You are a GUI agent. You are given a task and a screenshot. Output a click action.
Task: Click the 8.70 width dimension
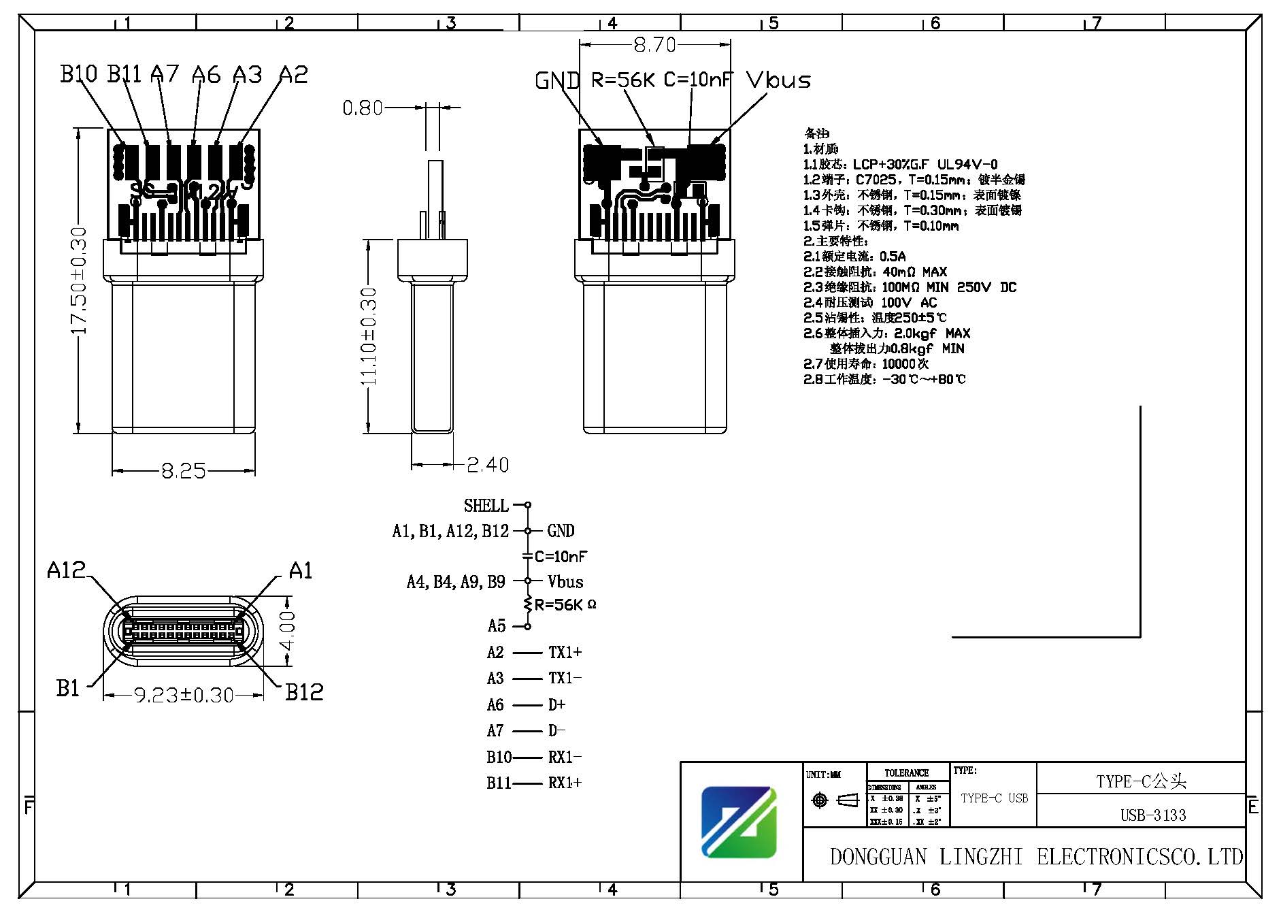(x=654, y=45)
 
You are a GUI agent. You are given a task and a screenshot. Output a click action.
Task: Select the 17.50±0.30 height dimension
(x=80, y=280)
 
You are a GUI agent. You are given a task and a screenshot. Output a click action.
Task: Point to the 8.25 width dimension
(x=183, y=471)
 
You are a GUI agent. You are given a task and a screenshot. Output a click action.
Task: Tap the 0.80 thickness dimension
(x=362, y=108)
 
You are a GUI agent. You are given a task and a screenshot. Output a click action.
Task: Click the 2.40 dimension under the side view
(x=488, y=465)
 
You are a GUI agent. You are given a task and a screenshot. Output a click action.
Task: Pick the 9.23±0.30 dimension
(x=184, y=695)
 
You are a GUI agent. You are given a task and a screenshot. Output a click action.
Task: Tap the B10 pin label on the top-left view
(x=79, y=74)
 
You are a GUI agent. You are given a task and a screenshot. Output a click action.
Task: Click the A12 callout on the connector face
(x=66, y=570)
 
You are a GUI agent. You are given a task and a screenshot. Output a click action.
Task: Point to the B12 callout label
(x=304, y=692)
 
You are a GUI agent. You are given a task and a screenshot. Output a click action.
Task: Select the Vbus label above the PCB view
(x=778, y=80)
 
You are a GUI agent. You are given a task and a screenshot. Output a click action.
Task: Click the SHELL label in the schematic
(x=486, y=506)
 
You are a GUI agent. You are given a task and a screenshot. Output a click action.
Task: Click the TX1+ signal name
(x=565, y=652)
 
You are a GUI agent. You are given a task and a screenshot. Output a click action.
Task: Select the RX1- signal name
(x=565, y=757)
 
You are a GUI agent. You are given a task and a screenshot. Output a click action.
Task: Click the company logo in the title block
(x=739, y=821)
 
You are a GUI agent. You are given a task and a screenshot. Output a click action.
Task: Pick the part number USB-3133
(x=1153, y=815)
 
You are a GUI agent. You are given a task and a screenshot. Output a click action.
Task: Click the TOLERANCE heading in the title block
(x=906, y=772)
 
